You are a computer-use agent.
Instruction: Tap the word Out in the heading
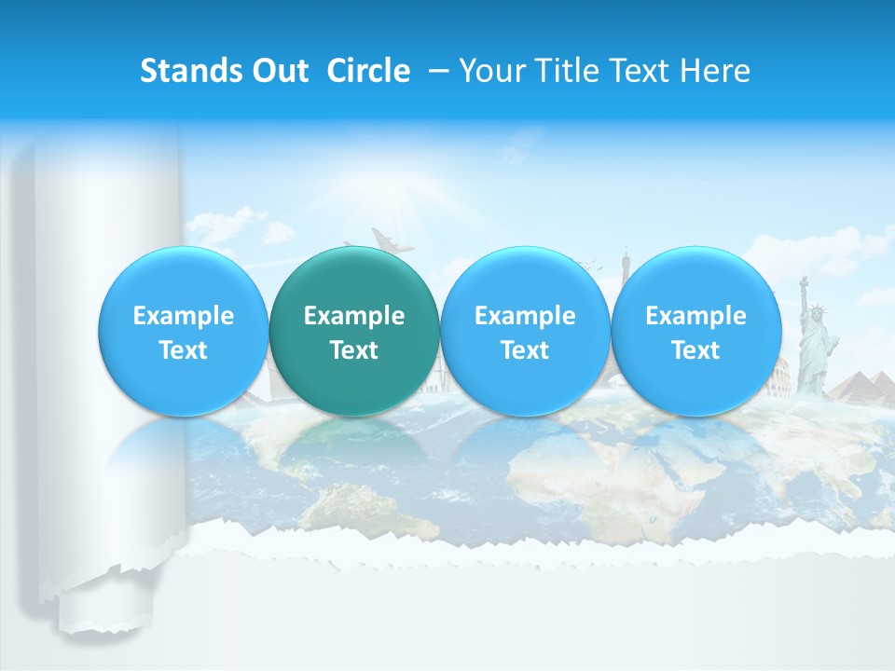280,71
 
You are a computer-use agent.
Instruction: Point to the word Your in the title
491,71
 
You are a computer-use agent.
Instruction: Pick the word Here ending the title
716,71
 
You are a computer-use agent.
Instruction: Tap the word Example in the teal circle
354,316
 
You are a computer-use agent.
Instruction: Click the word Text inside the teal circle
354,350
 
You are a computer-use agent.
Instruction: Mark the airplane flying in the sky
390,240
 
